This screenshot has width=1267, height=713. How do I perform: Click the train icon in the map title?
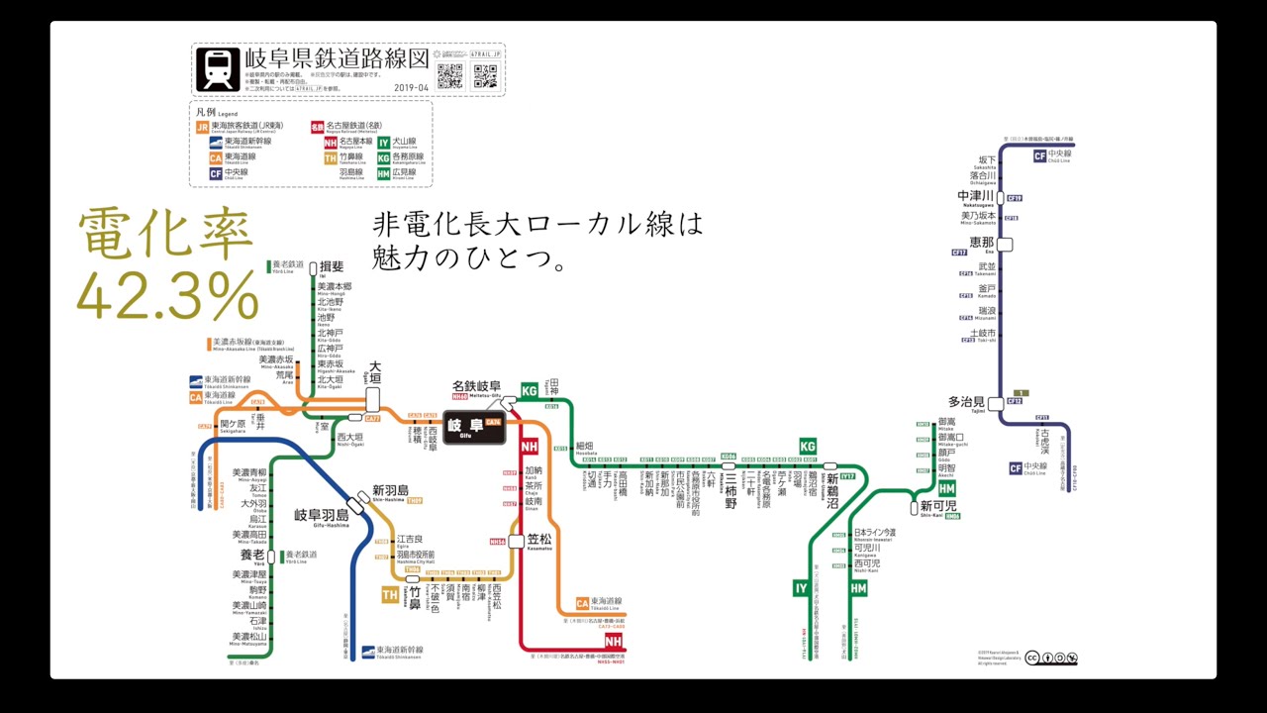point(217,69)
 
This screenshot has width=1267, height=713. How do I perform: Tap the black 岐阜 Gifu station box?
point(473,427)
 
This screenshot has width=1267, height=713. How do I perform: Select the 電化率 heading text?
point(164,236)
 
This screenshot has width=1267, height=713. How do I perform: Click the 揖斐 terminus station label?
point(331,266)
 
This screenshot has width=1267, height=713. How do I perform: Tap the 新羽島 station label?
point(391,490)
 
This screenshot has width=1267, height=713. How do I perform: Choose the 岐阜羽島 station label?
point(322,515)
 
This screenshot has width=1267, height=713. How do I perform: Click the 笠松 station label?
point(539,540)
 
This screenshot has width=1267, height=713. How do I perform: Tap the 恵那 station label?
point(981,242)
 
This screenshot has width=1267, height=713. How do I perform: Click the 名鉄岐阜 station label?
point(476,386)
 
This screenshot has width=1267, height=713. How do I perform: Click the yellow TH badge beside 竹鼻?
point(390,595)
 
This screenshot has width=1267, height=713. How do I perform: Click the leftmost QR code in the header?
point(450,75)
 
